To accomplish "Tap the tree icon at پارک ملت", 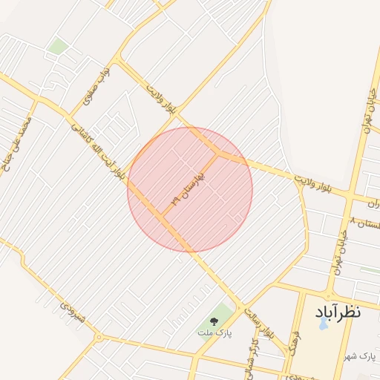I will point(214,321).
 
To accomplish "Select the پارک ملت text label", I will point(214,334).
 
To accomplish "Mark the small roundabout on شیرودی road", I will point(99,338).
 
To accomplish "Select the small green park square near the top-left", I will point(58,47).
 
